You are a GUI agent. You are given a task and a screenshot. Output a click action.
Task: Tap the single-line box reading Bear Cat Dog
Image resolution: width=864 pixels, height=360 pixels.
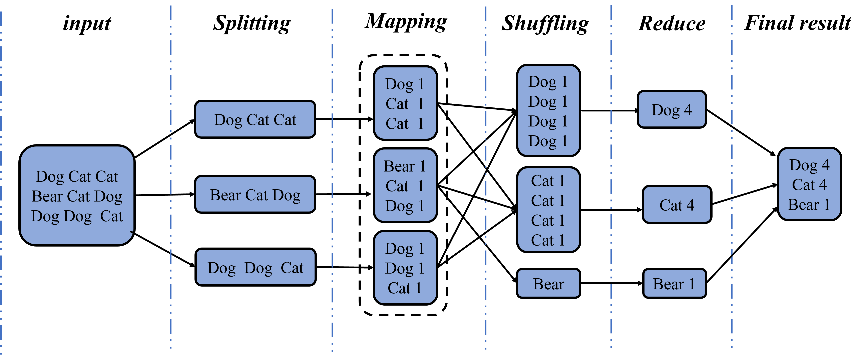coord(255,195)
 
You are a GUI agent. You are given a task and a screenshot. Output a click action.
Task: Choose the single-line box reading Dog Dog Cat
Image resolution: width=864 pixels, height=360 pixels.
coord(255,267)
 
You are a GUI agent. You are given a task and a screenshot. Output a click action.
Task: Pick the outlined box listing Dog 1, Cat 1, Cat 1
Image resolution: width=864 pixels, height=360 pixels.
coord(405,103)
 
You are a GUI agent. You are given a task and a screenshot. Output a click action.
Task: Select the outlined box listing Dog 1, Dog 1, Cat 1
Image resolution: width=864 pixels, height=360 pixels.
coord(405,268)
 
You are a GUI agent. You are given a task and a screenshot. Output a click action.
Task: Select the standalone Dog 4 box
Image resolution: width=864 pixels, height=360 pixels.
coord(672,110)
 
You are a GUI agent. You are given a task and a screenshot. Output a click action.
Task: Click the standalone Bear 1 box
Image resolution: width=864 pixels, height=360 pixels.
coord(674,284)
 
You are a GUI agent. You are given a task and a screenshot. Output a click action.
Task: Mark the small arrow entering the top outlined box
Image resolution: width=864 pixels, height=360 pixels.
coord(367,119)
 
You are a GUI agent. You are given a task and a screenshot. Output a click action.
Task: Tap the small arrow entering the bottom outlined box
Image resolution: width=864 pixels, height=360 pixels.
coord(367,267)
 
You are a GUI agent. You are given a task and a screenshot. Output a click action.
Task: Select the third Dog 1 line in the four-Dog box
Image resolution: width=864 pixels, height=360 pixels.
coord(548,121)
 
